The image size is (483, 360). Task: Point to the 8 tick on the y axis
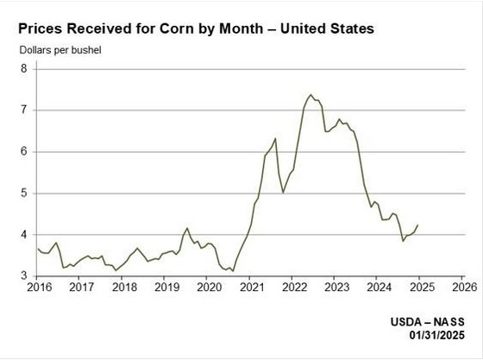(26, 68)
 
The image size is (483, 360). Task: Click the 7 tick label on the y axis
(26, 110)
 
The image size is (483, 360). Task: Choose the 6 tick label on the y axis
(26, 151)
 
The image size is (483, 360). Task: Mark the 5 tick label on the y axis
(26, 193)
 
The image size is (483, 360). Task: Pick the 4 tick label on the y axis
(26, 234)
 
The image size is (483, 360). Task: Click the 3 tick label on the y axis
(26, 275)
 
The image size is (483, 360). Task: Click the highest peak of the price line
(310, 95)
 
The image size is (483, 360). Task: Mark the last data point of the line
(418, 224)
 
